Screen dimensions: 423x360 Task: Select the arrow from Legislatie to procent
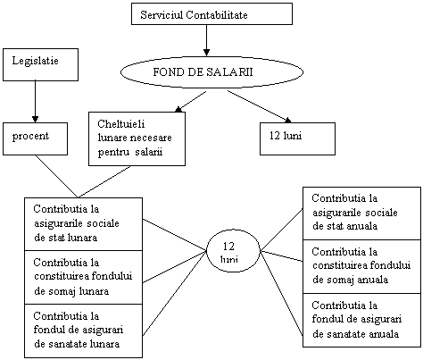tap(35, 102)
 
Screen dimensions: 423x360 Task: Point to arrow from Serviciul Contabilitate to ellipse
tap(206, 40)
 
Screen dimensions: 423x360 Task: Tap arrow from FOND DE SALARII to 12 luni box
tap(260, 106)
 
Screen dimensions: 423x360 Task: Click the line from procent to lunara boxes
tap(56, 176)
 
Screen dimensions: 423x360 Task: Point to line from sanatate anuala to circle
tap(282, 294)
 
